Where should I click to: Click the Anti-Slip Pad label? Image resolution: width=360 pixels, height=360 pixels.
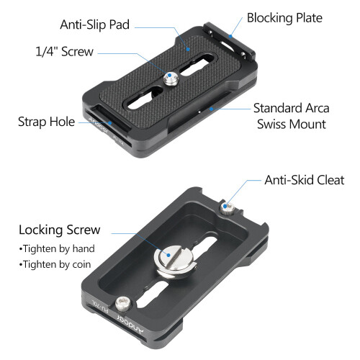pyautogui.click(x=95, y=24)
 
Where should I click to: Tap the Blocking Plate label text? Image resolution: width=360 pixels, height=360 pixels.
pyautogui.click(x=284, y=18)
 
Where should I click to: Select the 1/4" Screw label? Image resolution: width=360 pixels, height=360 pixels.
pyautogui.click(x=65, y=51)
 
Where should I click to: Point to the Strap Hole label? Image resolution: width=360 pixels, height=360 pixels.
pyautogui.click(x=47, y=122)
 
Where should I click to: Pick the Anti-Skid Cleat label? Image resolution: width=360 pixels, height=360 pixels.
pyautogui.click(x=305, y=180)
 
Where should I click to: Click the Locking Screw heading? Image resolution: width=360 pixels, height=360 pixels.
pyautogui.click(x=60, y=230)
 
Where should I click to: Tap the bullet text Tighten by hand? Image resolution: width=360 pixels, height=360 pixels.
pyautogui.click(x=58, y=248)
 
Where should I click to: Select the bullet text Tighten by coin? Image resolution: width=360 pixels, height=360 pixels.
pyautogui.click(x=55, y=264)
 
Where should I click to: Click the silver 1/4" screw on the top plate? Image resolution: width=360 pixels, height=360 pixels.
pyautogui.click(x=171, y=78)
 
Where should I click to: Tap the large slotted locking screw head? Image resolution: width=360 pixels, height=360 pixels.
pyautogui.click(x=175, y=261)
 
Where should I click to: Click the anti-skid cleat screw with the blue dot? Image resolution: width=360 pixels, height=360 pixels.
pyautogui.click(x=227, y=208)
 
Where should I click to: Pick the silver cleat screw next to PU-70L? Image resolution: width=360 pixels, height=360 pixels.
pyautogui.click(x=123, y=305)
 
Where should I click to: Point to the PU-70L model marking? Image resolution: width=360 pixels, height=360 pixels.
pyautogui.click(x=101, y=307)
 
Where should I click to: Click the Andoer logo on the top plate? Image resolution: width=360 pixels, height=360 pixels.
pyautogui.click(x=99, y=125)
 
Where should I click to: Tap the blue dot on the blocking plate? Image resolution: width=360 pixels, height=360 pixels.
pyautogui.click(x=230, y=36)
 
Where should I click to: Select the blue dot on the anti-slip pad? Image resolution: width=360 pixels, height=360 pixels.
pyautogui.click(x=189, y=49)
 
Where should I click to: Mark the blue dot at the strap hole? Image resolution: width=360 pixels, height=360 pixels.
pyautogui.click(x=109, y=123)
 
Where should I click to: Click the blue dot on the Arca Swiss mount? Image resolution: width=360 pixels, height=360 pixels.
pyautogui.click(x=211, y=109)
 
